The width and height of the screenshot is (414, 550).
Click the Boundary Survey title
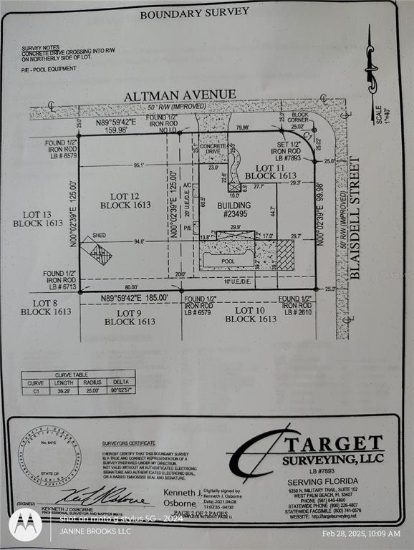pyautogui.click(x=194, y=12)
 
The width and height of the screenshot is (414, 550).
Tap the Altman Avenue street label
pyautogui.click(x=180, y=95)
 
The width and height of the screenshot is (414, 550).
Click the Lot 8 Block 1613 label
pyautogui.click(x=46, y=307)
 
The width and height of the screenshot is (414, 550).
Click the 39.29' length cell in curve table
pyautogui.click(x=61, y=391)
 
